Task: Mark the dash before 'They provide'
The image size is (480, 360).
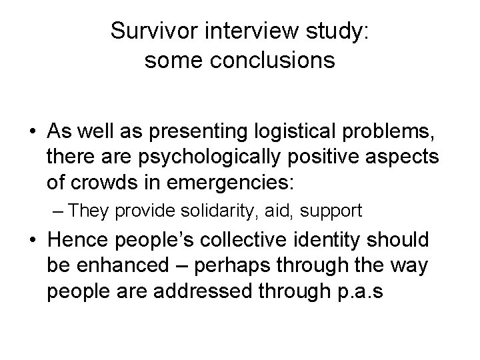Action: click(58, 212)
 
